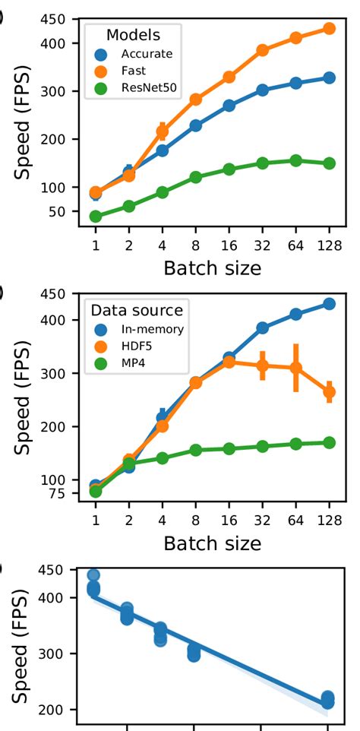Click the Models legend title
coord(132,34)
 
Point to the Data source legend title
coord(136,310)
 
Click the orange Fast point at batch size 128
coord(329,28)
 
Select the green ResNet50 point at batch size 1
coord(96,217)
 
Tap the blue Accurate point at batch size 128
coord(329,78)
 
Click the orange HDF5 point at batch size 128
coord(329,392)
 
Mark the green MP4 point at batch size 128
coord(329,442)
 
